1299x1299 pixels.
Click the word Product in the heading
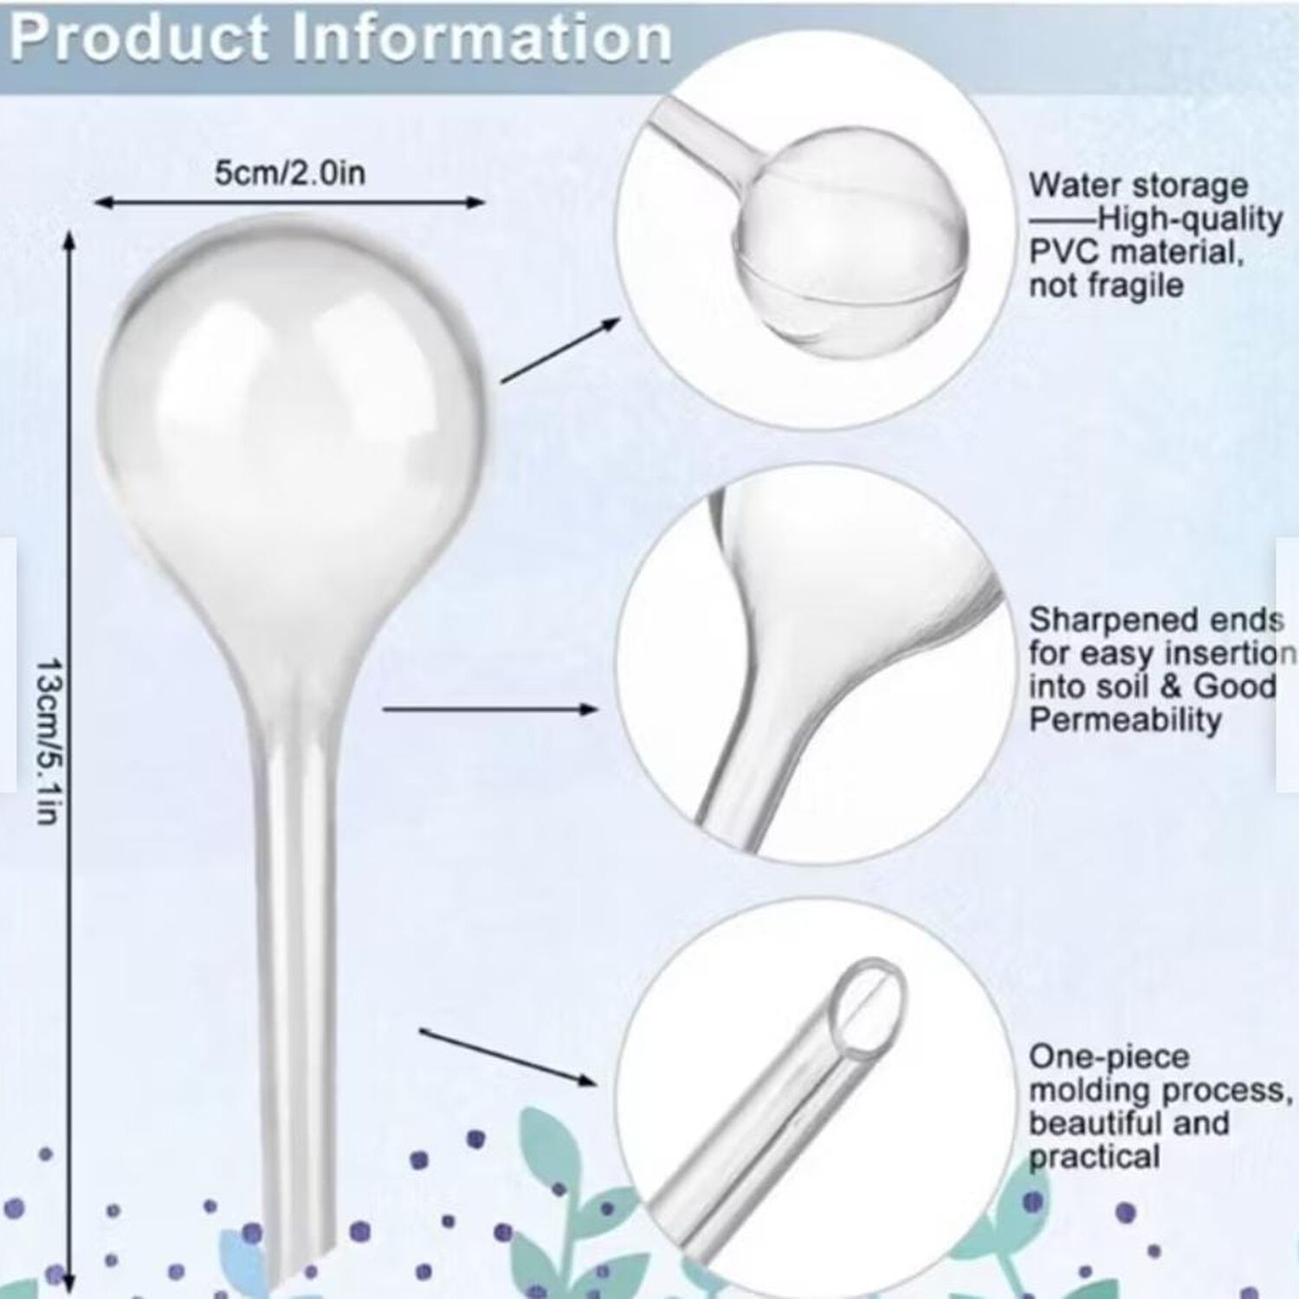pyautogui.click(x=139, y=38)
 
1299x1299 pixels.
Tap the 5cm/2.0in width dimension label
pyautogui.click(x=290, y=173)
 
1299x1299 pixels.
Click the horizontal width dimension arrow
pyautogui.click(x=289, y=203)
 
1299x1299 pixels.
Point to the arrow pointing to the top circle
pyautogui.click(x=561, y=350)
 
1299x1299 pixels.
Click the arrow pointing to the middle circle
pyautogui.click(x=490, y=709)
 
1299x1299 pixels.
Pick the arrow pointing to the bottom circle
pyautogui.click(x=508, y=1057)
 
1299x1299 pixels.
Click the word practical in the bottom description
pyautogui.click(x=1094, y=1159)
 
